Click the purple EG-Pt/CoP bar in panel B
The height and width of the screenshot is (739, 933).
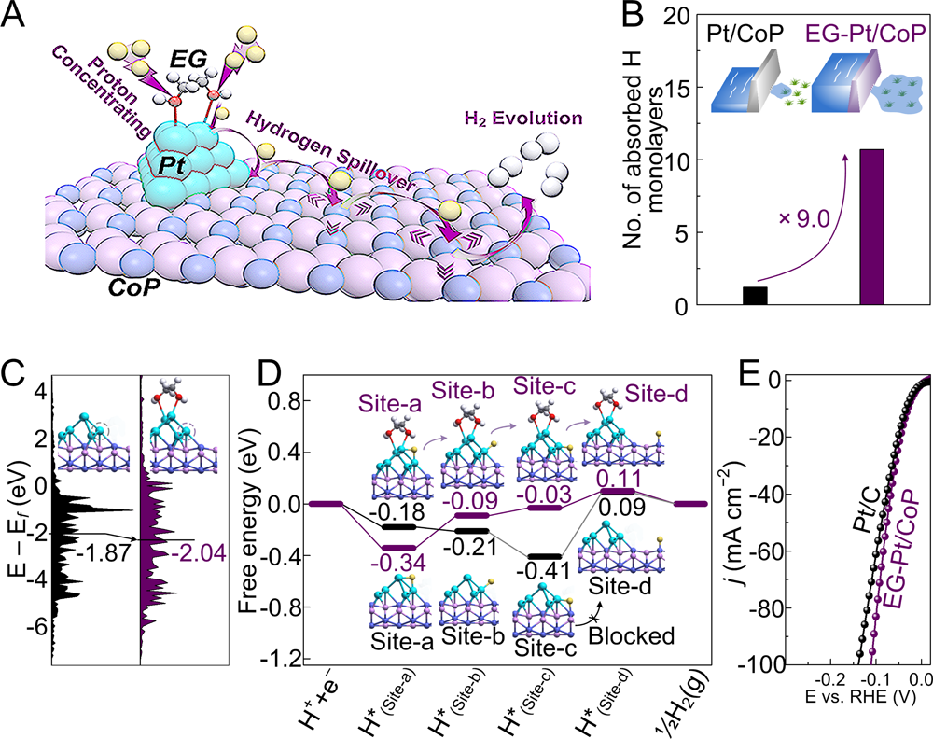[871, 228]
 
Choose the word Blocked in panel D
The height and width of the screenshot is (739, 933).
[639, 636]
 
